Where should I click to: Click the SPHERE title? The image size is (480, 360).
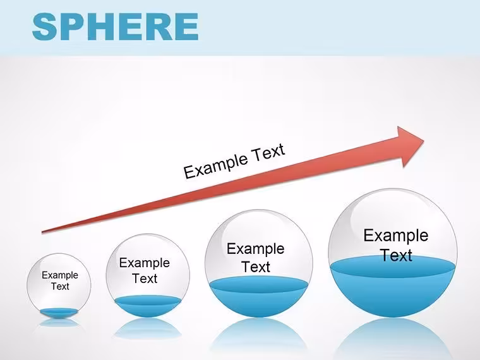click(115, 27)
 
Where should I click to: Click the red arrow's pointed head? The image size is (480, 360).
click(424, 141)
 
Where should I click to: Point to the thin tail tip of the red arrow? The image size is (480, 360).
click(42, 232)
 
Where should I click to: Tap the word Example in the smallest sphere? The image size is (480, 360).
click(60, 275)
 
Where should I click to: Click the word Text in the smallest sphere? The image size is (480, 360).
click(60, 286)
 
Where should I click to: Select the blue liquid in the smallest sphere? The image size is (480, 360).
click(59, 313)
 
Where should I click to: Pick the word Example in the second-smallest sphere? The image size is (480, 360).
click(145, 263)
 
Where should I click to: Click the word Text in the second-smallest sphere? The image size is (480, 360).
click(145, 279)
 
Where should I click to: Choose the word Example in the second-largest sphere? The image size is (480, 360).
click(256, 249)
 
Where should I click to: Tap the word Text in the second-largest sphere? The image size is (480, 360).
click(256, 267)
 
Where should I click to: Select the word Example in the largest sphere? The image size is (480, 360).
click(396, 236)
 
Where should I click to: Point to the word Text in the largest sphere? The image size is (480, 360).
click(396, 255)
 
